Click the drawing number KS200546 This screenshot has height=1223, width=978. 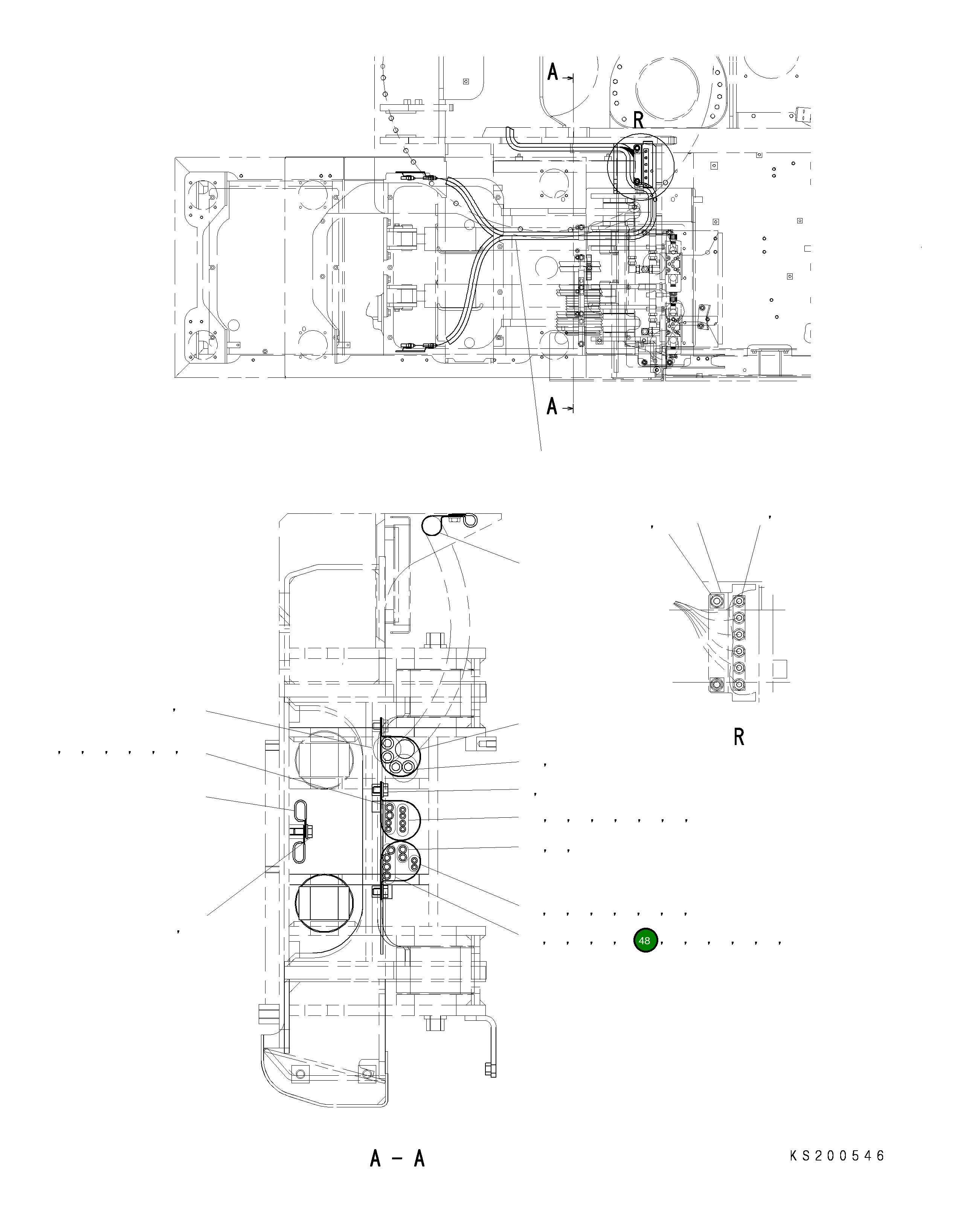click(x=837, y=1156)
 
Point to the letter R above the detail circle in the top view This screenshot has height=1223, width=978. click(x=638, y=120)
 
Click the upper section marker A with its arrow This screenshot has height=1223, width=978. click(x=559, y=73)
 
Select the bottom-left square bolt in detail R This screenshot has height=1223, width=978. click(x=717, y=685)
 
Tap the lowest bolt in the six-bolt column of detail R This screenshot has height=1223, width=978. click(x=739, y=685)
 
